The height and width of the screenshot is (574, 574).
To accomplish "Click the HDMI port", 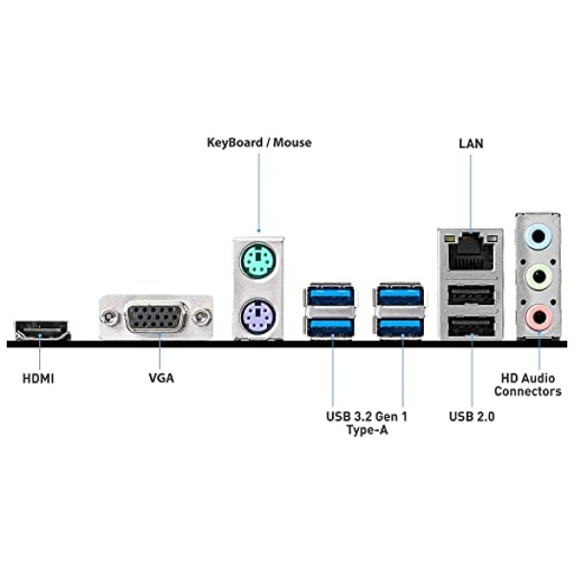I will [x=38, y=331].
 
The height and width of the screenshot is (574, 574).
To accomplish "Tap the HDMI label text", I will [x=38, y=378].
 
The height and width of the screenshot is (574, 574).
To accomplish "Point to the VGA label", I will [x=161, y=378].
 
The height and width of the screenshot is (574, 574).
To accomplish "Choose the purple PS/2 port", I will [x=258, y=314].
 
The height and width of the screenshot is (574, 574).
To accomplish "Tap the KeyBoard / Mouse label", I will [x=259, y=143].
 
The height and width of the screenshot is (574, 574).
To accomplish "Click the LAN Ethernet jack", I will [x=471, y=252].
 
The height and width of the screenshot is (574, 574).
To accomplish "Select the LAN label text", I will [x=471, y=143].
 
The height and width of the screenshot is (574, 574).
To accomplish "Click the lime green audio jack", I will [x=539, y=276].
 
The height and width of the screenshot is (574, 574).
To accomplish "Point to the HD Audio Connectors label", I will [x=527, y=385].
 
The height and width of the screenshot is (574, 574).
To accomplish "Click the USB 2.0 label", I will [x=472, y=416].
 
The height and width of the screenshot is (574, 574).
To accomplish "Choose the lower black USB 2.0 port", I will [x=471, y=328].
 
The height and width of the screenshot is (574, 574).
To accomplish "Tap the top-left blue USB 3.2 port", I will [x=331, y=294].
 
